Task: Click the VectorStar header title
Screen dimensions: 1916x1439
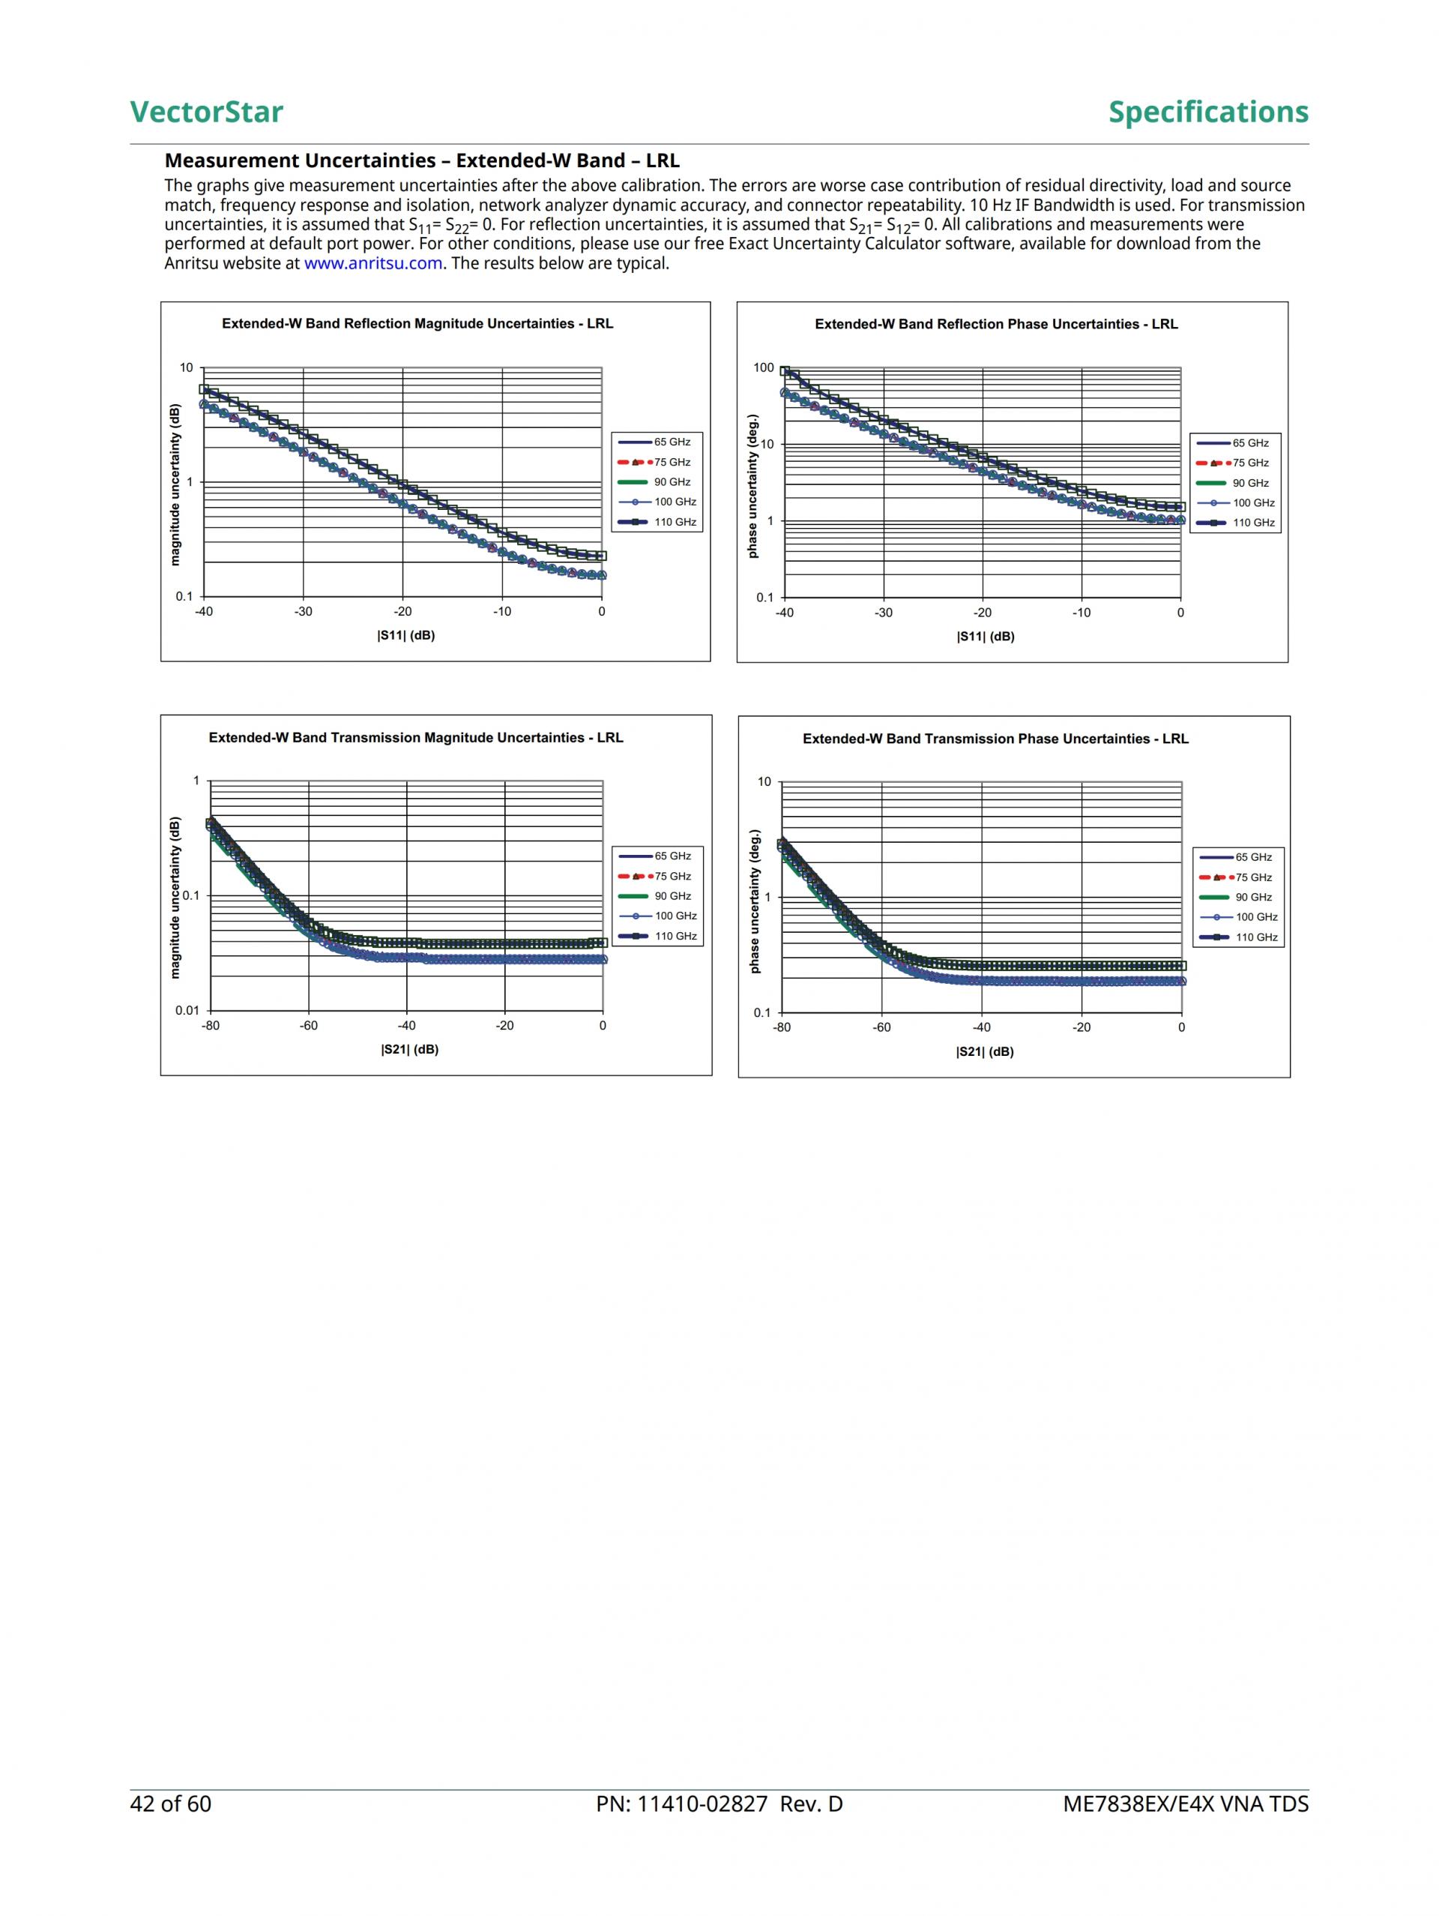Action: point(206,112)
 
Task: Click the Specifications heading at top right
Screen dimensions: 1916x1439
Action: point(1208,112)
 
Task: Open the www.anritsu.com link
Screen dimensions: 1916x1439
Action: point(373,263)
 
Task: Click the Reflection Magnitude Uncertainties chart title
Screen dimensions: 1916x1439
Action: point(417,324)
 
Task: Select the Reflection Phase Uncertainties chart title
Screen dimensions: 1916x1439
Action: point(996,324)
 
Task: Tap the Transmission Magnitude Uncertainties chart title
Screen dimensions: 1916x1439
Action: point(416,738)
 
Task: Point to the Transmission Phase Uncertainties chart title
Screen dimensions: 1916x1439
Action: point(995,739)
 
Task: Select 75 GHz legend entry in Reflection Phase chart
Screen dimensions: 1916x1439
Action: point(1251,463)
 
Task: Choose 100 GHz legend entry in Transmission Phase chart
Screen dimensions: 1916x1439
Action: point(1256,917)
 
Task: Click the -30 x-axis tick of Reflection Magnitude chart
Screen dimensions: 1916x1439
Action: point(303,611)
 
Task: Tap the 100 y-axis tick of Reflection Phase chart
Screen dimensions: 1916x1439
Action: point(764,368)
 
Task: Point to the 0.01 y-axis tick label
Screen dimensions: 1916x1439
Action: point(187,1011)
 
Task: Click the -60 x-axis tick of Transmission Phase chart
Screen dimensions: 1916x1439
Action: point(881,1028)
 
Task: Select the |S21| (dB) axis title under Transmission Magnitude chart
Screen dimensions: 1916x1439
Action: point(409,1050)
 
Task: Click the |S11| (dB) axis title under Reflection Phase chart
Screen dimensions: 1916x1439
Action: point(986,637)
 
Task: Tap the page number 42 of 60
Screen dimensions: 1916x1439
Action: point(171,1804)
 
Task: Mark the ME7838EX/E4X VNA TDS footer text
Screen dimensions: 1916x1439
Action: point(1186,1804)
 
